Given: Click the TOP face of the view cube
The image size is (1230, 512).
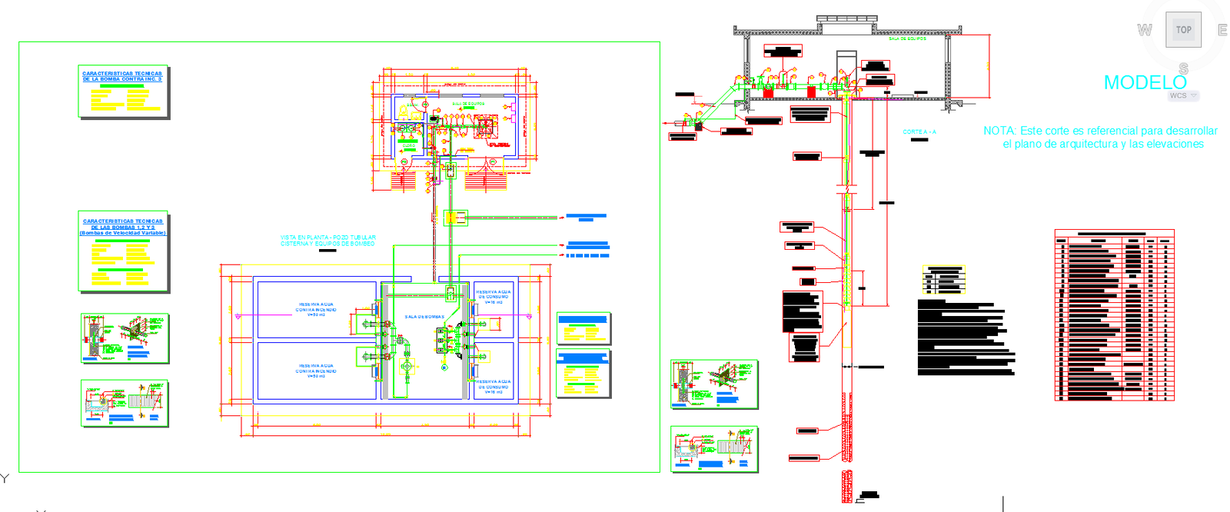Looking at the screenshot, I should pos(1183,30).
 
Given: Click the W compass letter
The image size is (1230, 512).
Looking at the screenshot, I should pos(1145,30).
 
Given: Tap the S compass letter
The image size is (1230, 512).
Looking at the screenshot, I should pos(1183,68).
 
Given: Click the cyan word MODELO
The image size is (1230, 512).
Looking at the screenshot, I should pos(1145,82).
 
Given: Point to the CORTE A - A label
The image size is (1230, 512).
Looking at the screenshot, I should pos(919,132).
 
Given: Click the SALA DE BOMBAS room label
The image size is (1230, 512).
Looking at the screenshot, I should pos(424,317).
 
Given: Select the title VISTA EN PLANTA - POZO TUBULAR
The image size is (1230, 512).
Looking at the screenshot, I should pos(328,238).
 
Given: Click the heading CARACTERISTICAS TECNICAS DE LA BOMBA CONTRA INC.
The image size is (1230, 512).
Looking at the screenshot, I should pos(122,76).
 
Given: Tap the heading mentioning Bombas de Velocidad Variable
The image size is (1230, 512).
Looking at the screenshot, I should pos(123,233).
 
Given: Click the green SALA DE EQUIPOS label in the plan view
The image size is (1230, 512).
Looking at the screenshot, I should pos(468,104).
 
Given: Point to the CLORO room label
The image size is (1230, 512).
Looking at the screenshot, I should pos(408,145).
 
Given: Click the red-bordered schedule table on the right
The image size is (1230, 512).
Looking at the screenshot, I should pos(1114,315).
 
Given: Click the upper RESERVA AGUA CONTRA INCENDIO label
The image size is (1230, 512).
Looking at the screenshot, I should pos(315,308).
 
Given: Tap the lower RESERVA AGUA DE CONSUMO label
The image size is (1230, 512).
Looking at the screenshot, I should pos(492,384).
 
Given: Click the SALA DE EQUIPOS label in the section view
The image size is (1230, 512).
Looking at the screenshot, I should pos(907,38).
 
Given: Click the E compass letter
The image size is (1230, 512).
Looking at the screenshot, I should pos(1222,30).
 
